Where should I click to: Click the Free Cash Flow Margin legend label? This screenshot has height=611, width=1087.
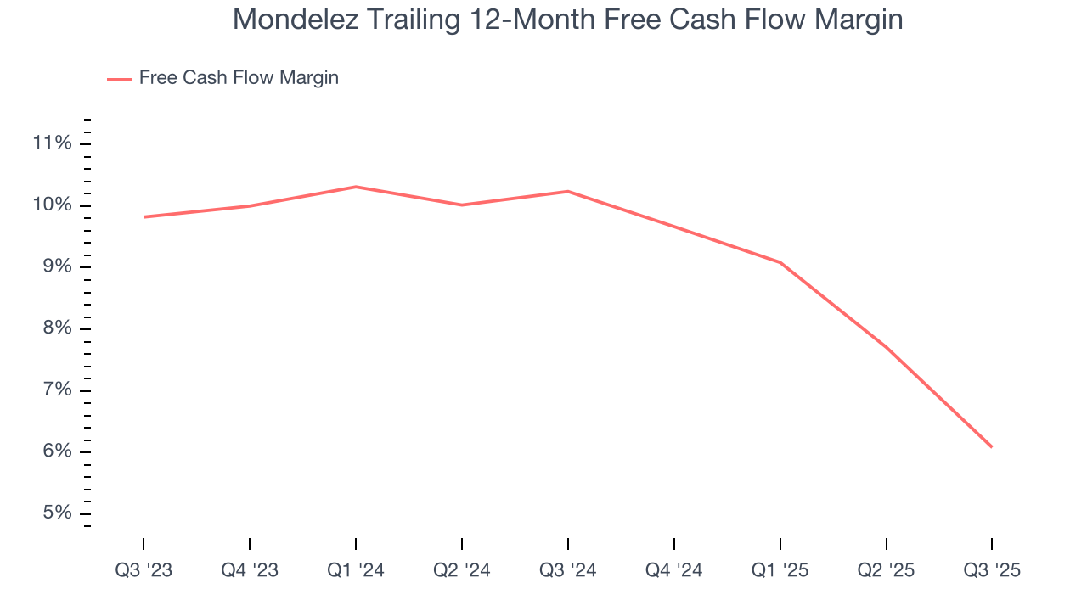coord(239,78)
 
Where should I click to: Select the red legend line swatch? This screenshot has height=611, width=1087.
coord(120,79)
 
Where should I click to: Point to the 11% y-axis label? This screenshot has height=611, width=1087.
coord(52,143)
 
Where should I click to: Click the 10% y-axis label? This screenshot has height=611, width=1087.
coord(52,205)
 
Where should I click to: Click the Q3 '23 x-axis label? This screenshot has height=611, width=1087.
coord(144,570)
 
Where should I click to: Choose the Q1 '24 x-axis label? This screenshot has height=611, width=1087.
coord(356,570)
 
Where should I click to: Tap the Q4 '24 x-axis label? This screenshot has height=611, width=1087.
coord(674,570)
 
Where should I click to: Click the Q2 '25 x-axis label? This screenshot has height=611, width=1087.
coord(887,570)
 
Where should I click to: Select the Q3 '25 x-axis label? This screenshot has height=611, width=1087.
coord(992,570)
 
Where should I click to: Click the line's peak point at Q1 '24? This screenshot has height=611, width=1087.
coord(356,187)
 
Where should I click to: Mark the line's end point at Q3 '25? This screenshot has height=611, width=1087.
coord(992,446)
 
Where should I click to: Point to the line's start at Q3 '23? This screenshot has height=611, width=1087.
coord(144,217)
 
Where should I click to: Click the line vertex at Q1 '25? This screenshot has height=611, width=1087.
coord(780,262)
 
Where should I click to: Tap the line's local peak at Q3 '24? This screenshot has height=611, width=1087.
coord(568,191)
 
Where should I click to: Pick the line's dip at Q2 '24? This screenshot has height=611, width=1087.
coord(462,205)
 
